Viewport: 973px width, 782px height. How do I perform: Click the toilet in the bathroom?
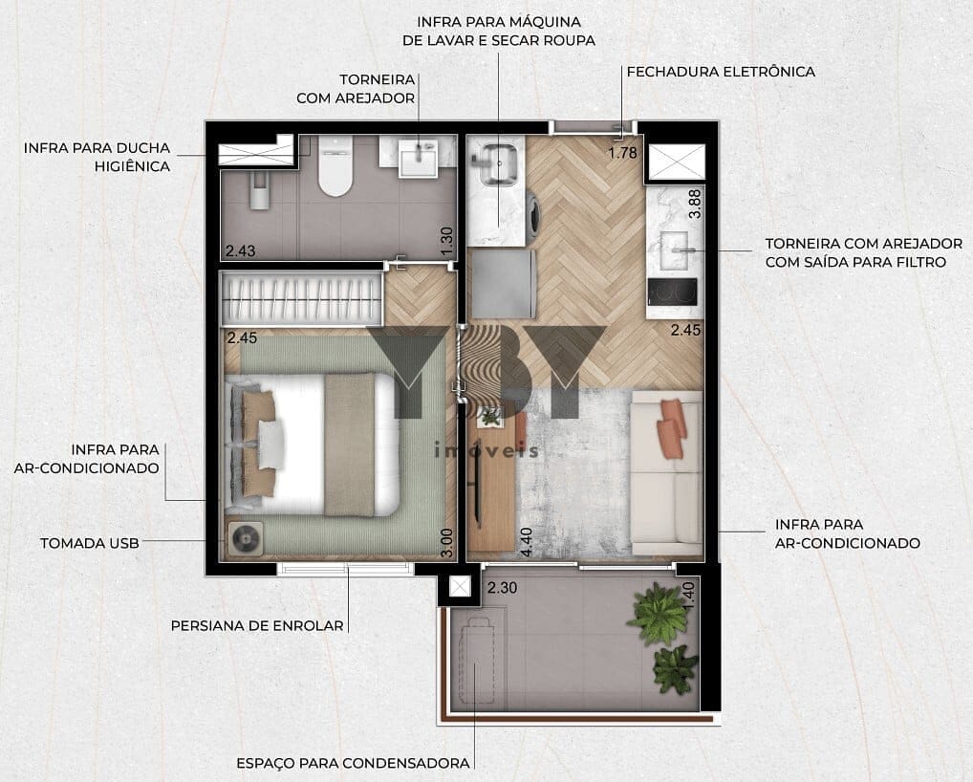(x=335, y=165)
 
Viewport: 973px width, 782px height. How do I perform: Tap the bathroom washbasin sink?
(x=419, y=159)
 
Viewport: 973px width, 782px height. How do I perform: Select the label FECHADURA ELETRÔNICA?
(x=721, y=72)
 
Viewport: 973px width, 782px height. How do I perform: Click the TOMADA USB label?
(x=89, y=543)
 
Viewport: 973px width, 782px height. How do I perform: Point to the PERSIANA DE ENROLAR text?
(x=257, y=625)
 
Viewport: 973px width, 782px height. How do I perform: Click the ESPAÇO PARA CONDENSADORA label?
(x=353, y=763)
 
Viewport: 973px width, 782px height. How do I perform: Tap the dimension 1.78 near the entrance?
(x=622, y=152)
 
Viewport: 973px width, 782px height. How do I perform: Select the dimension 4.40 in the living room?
(x=526, y=542)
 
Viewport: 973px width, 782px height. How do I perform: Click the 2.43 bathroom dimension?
(x=240, y=250)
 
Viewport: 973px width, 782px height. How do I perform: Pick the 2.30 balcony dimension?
(x=502, y=587)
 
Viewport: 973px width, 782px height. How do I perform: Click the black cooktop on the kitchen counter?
(x=672, y=292)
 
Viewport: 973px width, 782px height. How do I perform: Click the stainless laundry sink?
(x=495, y=164)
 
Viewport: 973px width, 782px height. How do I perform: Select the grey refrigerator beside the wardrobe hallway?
(x=504, y=284)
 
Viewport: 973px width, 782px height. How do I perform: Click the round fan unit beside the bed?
(x=245, y=538)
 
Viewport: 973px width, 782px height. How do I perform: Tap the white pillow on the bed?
(x=271, y=445)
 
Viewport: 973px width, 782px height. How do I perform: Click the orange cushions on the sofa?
(x=673, y=428)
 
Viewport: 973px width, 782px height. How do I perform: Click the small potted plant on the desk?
(x=491, y=416)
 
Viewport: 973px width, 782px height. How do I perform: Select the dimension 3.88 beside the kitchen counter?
(x=694, y=204)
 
